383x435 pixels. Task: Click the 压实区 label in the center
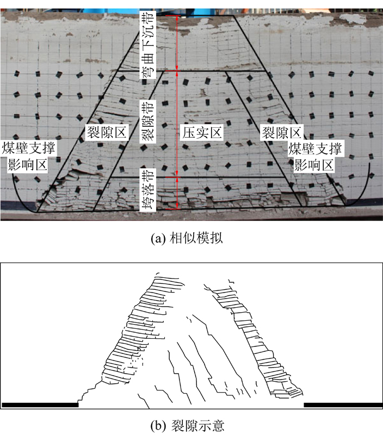click(x=202, y=132)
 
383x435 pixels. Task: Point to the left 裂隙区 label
click(x=106, y=132)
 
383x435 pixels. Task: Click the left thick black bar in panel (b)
click(x=40, y=404)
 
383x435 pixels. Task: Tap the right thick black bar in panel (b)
click(x=342, y=404)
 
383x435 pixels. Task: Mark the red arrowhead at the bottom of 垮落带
click(x=176, y=207)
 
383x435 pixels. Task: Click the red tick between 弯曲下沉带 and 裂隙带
click(x=176, y=71)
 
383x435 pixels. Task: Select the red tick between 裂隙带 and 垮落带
click(x=176, y=177)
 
